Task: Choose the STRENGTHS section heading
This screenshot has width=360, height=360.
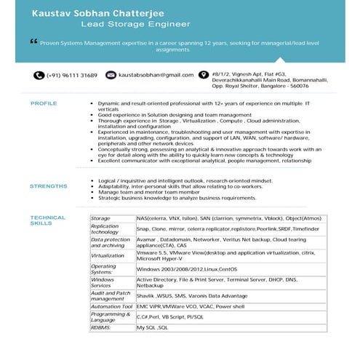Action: coord(49,186)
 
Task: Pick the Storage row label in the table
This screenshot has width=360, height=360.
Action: coord(101,218)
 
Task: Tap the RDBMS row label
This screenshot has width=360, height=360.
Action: coord(101,328)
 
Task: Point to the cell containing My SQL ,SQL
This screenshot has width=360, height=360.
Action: coord(153,328)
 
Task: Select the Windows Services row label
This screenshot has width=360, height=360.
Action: coord(103,282)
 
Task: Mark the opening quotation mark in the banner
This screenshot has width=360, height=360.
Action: coord(33,41)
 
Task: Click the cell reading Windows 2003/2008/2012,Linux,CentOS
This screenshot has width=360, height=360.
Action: coord(186,268)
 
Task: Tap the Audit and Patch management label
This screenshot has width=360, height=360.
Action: coord(108,295)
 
